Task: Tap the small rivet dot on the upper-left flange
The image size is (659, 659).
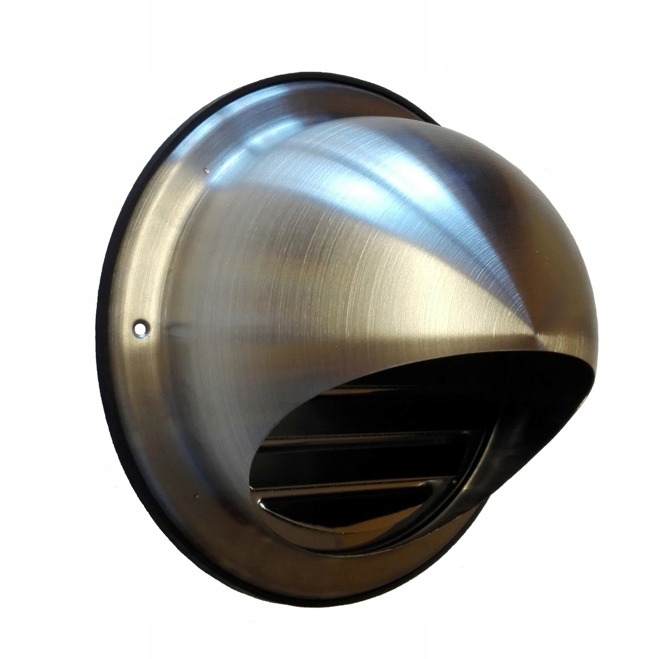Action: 205,171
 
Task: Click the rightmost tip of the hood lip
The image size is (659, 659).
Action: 596,360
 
